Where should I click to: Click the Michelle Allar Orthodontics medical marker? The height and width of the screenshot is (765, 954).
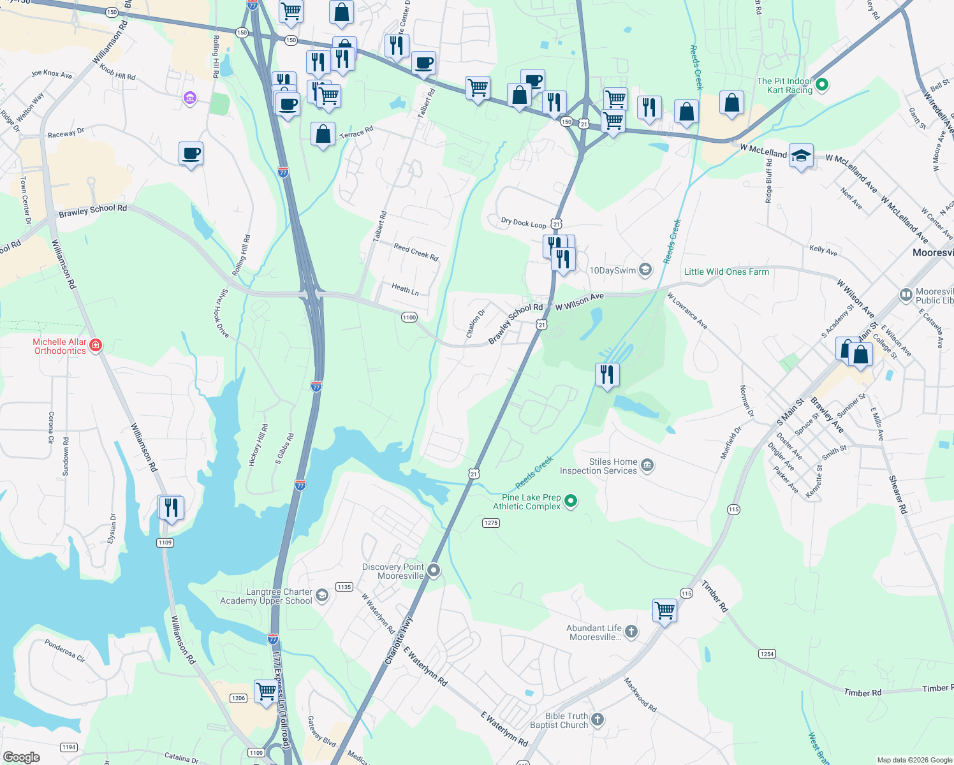tap(96, 346)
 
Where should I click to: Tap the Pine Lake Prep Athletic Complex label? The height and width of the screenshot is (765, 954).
tap(527, 502)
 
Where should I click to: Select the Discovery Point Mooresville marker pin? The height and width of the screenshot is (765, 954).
tap(434, 570)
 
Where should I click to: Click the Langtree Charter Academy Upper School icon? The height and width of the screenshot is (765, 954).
tap(322, 596)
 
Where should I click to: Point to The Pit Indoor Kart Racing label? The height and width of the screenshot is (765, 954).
tap(785, 85)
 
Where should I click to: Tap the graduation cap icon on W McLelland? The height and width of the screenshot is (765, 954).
tap(801, 156)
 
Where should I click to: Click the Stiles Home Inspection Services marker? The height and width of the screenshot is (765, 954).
tap(647, 465)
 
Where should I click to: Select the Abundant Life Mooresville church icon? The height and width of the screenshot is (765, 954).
tap(631, 632)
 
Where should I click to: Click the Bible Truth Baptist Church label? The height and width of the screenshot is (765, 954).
tap(559, 720)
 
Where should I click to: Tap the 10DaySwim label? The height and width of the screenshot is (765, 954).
tap(612, 270)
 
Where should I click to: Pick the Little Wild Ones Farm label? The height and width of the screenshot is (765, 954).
tap(726, 272)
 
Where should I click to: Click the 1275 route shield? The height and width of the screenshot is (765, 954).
tap(490, 523)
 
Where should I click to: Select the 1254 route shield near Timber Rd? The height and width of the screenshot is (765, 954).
tap(767, 654)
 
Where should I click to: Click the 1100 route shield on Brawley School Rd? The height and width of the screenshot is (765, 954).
tap(409, 317)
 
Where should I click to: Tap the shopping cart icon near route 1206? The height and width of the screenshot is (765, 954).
tap(266, 690)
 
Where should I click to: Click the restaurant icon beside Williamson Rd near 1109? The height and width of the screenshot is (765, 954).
tap(171, 507)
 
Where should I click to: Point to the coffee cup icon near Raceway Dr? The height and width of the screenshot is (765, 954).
tap(191, 154)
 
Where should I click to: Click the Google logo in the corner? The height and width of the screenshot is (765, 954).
tap(22, 757)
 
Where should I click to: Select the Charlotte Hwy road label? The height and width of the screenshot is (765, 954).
tap(399, 641)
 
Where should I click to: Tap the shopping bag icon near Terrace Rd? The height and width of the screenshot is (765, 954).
tap(323, 134)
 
